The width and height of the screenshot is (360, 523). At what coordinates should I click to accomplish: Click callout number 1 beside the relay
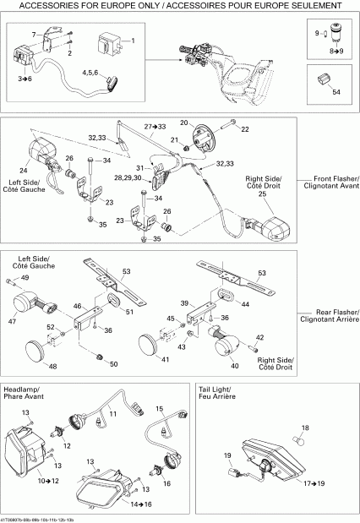coord(132,41)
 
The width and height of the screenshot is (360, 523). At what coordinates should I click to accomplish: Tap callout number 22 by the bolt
coord(246,129)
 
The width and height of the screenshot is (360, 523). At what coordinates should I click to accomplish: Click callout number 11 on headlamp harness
coord(158,409)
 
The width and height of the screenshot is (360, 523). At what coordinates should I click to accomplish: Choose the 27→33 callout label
coord(155,126)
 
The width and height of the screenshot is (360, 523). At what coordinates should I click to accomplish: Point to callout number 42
coord(260,337)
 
